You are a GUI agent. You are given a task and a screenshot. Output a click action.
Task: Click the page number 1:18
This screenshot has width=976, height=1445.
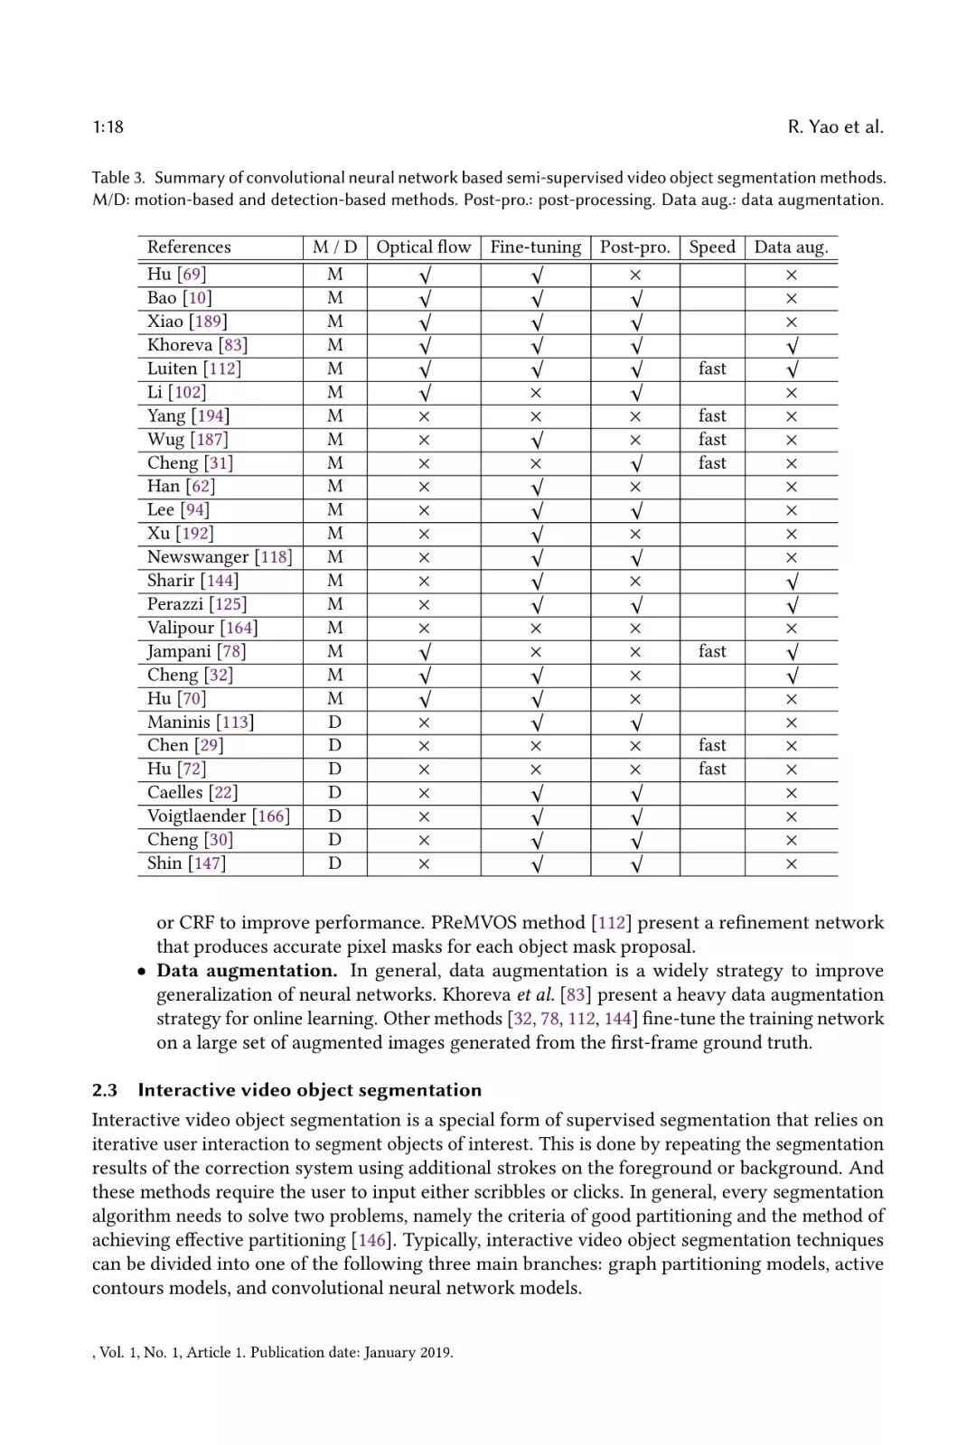[x=108, y=127]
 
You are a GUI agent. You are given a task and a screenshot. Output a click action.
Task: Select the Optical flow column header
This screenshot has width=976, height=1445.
[x=423, y=247]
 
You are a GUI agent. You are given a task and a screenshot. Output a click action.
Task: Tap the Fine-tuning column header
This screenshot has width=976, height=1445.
[x=535, y=247]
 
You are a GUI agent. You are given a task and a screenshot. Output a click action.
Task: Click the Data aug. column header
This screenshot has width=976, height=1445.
[x=791, y=247]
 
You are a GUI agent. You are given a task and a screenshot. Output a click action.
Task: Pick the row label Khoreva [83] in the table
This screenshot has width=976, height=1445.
[x=197, y=345]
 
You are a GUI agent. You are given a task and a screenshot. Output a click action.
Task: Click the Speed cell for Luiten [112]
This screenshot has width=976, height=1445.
[x=712, y=368]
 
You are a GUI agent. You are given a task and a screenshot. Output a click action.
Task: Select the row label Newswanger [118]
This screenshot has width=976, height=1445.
[x=220, y=557]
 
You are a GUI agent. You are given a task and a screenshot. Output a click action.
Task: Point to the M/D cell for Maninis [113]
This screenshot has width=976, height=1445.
[x=334, y=722]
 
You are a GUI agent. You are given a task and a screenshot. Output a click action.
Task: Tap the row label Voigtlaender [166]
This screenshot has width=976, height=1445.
[x=219, y=816]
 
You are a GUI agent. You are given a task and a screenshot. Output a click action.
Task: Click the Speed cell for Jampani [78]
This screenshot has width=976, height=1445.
[x=712, y=651]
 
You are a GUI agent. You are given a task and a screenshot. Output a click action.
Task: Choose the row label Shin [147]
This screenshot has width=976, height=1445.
[x=186, y=863]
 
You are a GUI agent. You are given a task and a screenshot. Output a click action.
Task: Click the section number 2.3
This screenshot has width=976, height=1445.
[x=105, y=1090]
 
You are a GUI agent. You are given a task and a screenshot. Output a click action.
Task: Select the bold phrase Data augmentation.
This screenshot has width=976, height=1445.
[x=246, y=971]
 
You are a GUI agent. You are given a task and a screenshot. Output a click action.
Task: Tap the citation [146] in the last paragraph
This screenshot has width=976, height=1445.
[x=373, y=1240]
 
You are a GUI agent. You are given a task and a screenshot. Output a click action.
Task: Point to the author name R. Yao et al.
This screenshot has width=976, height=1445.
[x=835, y=127]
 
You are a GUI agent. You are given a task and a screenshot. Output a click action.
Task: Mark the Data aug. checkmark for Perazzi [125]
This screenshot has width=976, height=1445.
[x=792, y=604]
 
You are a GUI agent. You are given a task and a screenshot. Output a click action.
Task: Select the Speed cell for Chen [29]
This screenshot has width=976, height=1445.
[x=712, y=745]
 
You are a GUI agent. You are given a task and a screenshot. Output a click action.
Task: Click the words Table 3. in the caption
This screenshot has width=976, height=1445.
[x=118, y=178]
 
